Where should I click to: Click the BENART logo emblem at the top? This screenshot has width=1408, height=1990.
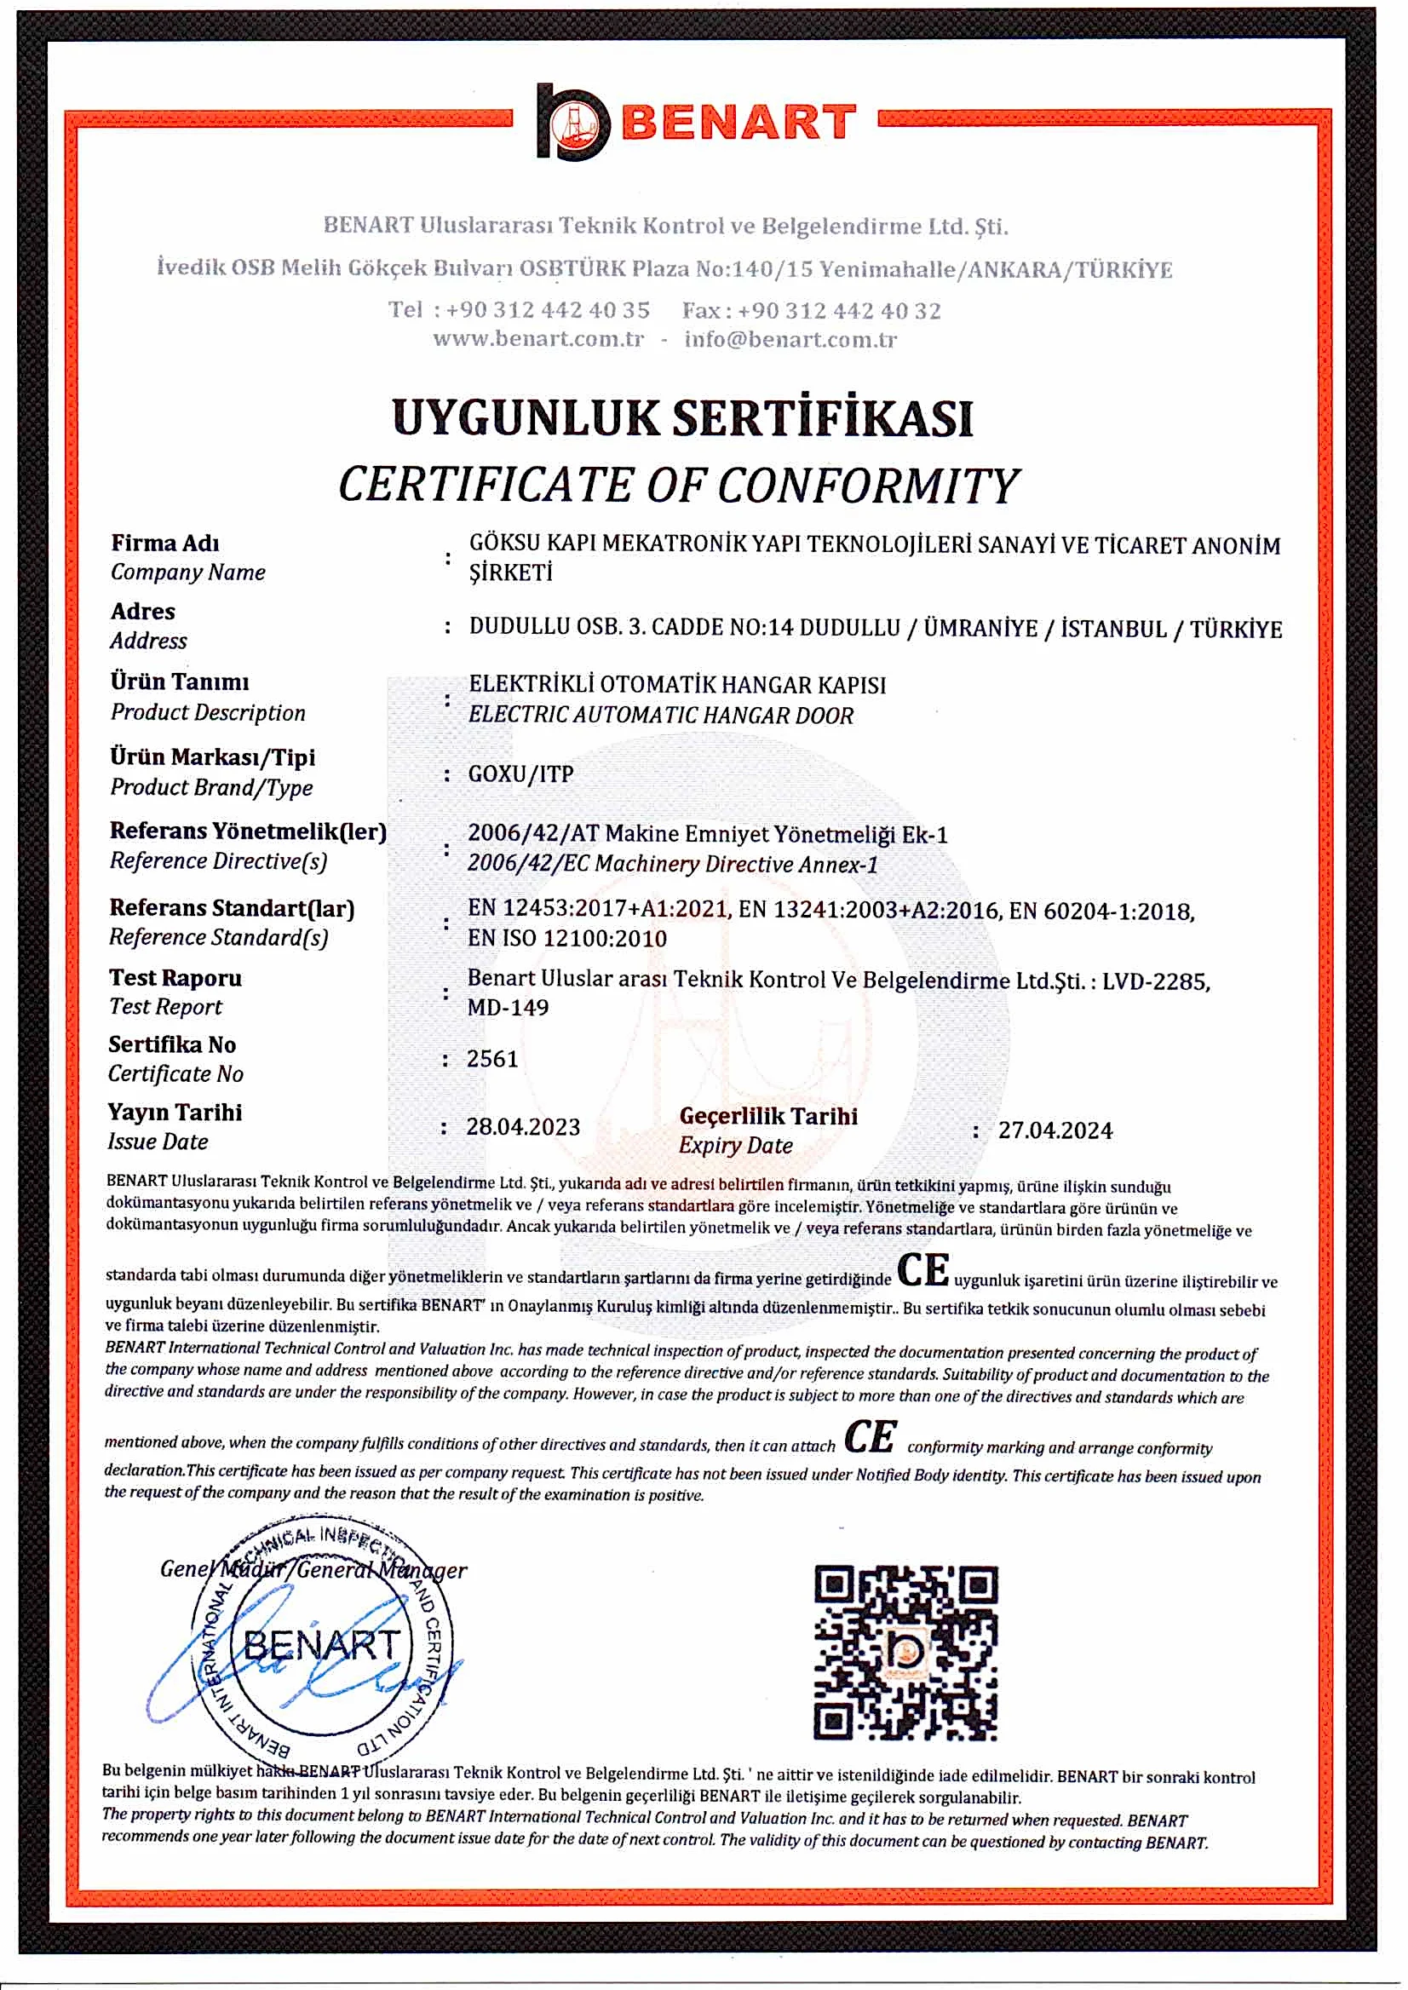coord(572,122)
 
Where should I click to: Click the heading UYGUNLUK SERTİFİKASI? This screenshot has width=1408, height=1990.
coord(682,418)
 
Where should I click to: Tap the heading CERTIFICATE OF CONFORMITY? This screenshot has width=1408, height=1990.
coord(678,485)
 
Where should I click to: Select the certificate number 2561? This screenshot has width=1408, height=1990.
coord(491,1059)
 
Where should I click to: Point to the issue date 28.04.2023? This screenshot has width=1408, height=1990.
coord(523,1126)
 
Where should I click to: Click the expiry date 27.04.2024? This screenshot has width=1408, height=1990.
coord(1055,1130)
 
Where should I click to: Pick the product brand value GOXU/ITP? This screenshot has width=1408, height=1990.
coord(520,774)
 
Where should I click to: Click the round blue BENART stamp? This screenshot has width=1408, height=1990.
coord(321,1643)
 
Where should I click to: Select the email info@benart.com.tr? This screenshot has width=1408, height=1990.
coord(790,339)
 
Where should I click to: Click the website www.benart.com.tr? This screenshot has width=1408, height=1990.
coord(538,338)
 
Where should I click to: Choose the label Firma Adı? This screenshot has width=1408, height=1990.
coord(164,543)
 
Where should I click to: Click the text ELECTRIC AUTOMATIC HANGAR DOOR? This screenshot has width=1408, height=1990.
coord(661,716)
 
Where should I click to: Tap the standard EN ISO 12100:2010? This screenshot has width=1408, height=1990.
coord(567,938)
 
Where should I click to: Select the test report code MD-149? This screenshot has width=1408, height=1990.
coord(508,1008)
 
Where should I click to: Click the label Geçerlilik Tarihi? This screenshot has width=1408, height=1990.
coord(768,1116)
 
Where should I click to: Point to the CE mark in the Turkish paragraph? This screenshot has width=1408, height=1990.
coord(922,1270)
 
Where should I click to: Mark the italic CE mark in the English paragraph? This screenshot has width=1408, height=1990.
coord(871,1437)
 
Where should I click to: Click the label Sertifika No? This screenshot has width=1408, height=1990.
coord(172,1044)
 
